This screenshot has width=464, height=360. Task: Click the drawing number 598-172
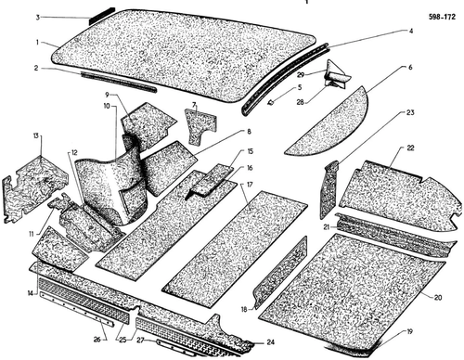point(442,17)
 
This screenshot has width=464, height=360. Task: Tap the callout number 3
point(38,18)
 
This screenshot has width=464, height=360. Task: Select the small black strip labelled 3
point(102,17)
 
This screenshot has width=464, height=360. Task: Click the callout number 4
point(411,31)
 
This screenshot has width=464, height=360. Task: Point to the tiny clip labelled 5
point(271,102)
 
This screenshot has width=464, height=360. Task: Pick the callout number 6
point(410,68)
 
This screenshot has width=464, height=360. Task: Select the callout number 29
point(301,74)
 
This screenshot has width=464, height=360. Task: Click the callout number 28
point(301,102)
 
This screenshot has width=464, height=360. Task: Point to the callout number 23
point(410,112)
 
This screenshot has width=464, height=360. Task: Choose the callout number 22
point(410,148)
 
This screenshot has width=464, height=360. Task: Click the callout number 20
point(437,298)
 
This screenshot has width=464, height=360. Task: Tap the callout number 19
point(409,332)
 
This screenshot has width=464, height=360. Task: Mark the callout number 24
point(271,342)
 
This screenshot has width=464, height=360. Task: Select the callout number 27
point(140,340)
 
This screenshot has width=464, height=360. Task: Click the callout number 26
point(97,340)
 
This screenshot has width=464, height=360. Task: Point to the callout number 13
point(36,135)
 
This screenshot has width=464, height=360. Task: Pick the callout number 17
point(250,185)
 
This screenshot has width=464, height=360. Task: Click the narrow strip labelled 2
point(119,82)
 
